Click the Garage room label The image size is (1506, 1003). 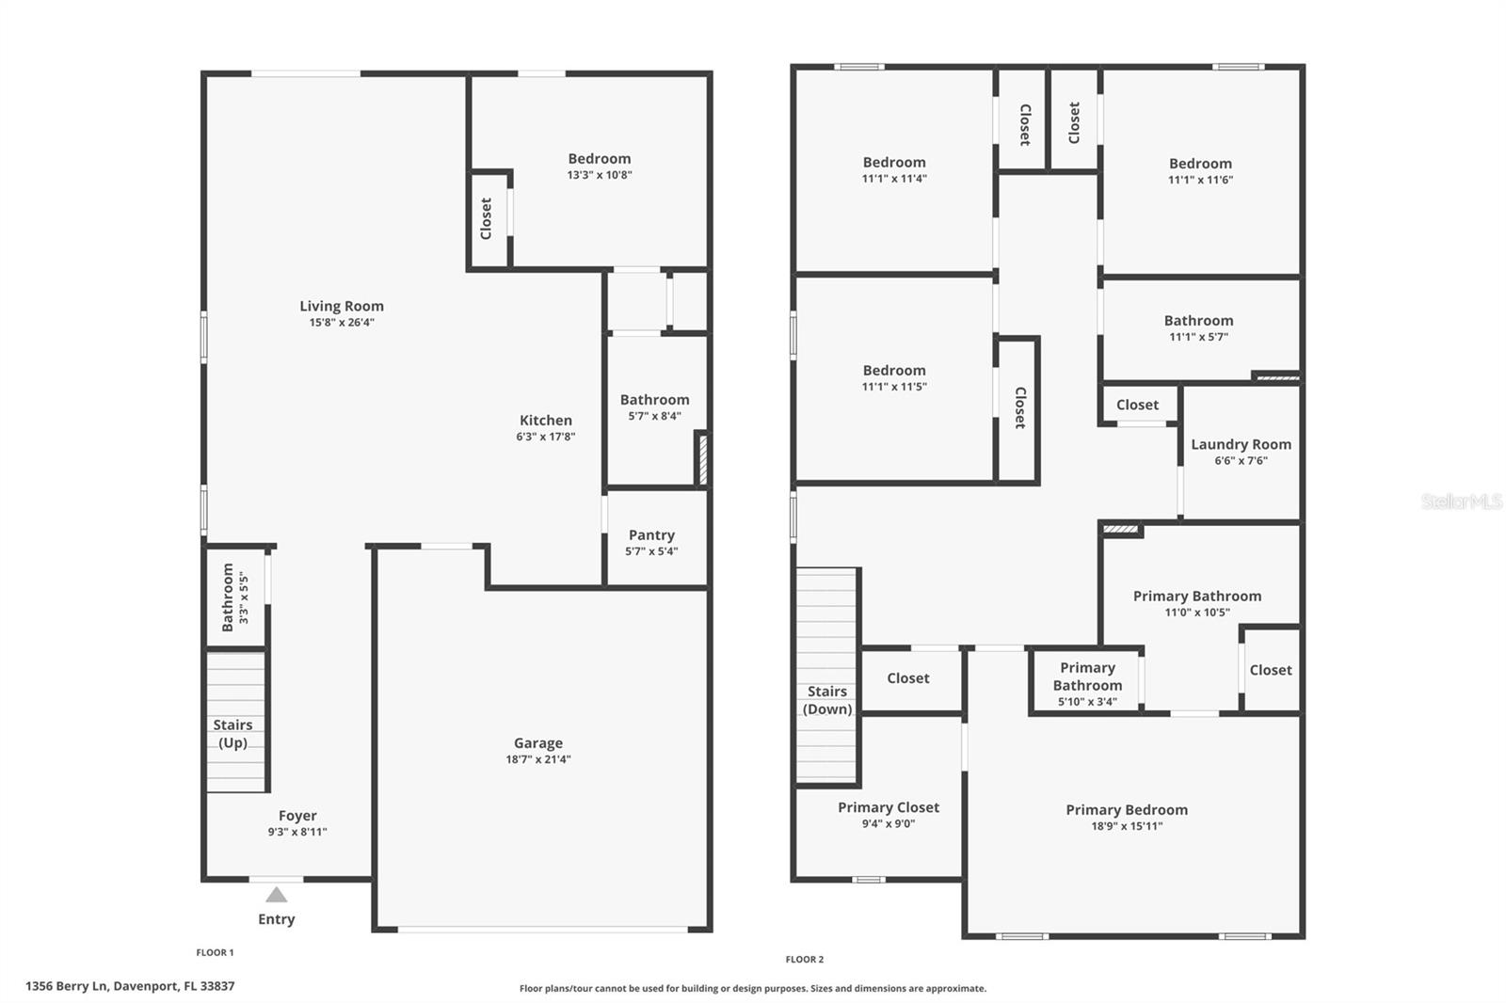[x=537, y=743]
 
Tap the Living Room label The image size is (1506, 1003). [x=342, y=306]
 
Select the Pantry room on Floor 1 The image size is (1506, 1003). [x=651, y=540]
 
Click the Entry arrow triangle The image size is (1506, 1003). [x=276, y=895]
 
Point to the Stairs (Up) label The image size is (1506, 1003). [x=232, y=733]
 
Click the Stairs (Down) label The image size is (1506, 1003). [x=827, y=700]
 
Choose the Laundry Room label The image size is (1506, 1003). [x=1241, y=444]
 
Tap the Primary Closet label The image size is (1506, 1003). [x=889, y=807]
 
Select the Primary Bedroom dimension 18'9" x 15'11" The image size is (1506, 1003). [x=1127, y=826]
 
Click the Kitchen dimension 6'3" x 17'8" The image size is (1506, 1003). [x=545, y=437]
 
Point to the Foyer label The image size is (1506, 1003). [x=297, y=816]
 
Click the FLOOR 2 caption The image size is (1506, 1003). [x=805, y=960]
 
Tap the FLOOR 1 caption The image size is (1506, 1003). [x=215, y=952]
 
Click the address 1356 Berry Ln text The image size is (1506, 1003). [x=130, y=986]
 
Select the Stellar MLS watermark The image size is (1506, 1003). [x=1462, y=501]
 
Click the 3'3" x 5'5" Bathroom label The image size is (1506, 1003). [x=234, y=597]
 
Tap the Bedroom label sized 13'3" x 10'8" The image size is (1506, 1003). [x=599, y=159]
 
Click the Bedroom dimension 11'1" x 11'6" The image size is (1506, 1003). [x=1200, y=180]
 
